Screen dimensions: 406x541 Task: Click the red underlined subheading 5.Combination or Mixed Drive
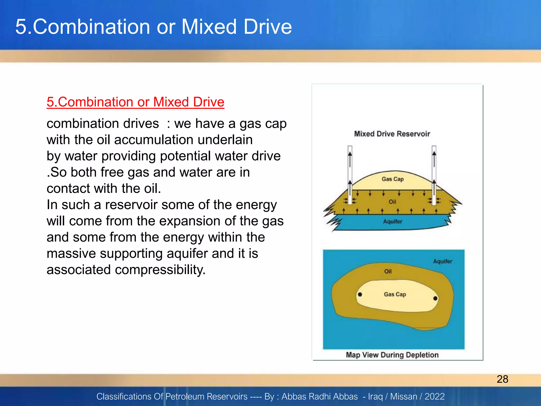point(135,102)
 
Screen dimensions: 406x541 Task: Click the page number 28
point(502,379)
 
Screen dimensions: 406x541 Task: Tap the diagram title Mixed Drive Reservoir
point(392,134)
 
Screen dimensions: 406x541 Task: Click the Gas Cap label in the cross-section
point(393,179)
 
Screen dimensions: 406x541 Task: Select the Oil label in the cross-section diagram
point(392,202)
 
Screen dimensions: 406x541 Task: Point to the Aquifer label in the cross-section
point(393,222)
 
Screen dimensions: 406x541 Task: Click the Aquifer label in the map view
point(442,261)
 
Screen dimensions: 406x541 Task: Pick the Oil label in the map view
point(388,271)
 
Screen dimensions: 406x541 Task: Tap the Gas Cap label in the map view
point(395,294)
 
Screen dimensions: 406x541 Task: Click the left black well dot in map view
point(360,294)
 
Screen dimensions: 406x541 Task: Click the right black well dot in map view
point(435,298)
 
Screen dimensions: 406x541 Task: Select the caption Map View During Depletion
point(392,355)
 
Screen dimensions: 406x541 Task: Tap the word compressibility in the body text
point(160,270)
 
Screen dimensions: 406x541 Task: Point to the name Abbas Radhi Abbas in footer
point(319,396)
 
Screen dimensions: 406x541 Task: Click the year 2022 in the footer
point(435,396)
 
